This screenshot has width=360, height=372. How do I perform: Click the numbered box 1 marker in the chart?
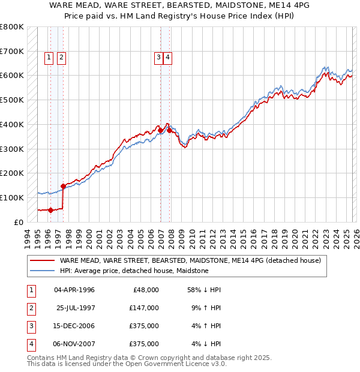tap(49, 58)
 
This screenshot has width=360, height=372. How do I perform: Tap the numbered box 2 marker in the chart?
tap(62, 58)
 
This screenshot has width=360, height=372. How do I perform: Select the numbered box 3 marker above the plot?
tap(158, 58)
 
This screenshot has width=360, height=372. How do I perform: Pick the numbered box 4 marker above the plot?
tap(168, 58)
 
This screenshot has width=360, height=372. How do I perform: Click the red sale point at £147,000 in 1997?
tap(64, 186)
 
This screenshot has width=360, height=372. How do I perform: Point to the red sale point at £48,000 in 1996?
tap(50, 210)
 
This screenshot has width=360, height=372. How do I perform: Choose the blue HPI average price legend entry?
tap(134, 271)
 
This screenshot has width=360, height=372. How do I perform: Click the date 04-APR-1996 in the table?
tap(74, 290)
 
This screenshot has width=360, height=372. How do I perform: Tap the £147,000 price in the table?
tap(144, 308)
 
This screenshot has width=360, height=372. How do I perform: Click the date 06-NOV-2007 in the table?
tap(74, 344)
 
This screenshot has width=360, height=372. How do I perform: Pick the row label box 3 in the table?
tap(30, 326)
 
